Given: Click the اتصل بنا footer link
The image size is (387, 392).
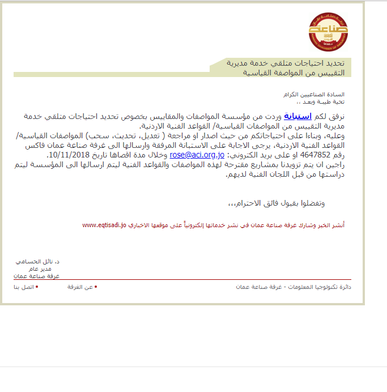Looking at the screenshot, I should point(24,287).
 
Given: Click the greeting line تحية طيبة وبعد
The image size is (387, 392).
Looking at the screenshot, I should point(325,102).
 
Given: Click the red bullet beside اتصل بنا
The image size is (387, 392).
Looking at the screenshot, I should point(37,287).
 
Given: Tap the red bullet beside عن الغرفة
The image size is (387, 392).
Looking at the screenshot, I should point(96,287).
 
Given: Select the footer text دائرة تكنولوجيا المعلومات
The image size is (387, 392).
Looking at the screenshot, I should point(317,287).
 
